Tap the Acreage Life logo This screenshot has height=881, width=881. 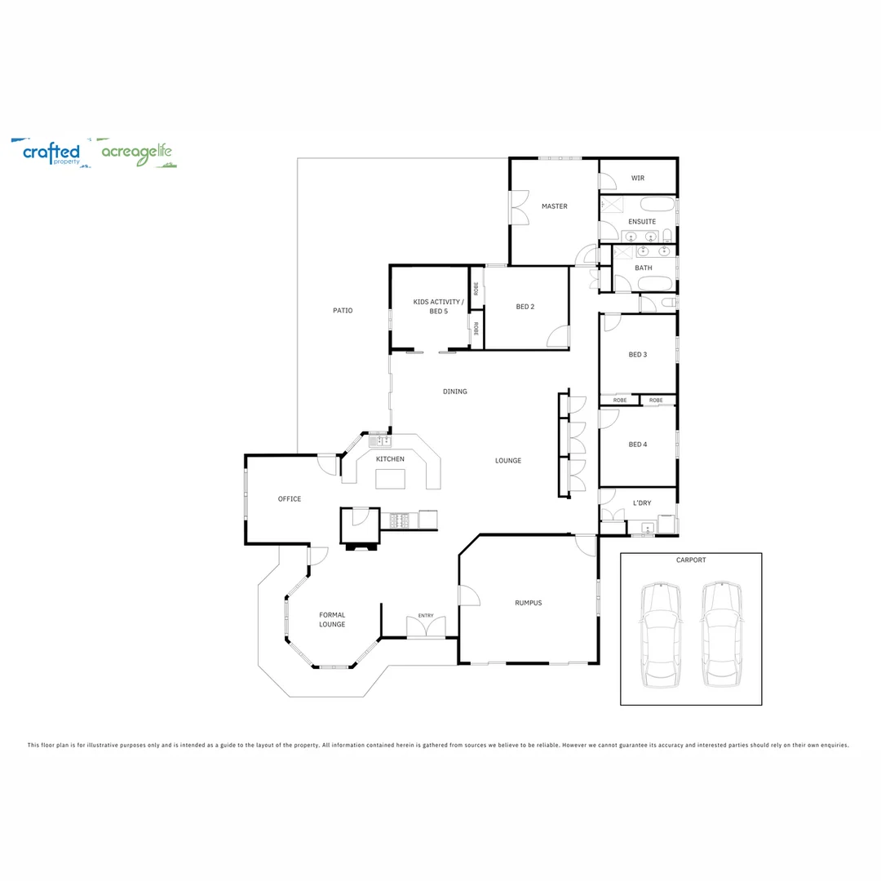click(x=136, y=153)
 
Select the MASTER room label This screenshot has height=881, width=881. click(x=554, y=206)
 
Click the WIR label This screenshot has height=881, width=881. click(x=637, y=178)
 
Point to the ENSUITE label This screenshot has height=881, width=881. click(x=642, y=222)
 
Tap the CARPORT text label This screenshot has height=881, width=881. click(x=691, y=560)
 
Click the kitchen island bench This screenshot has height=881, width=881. click(x=390, y=479)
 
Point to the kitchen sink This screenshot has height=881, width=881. click(x=380, y=441)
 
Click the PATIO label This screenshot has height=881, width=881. click(x=343, y=311)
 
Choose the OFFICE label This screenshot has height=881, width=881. click(x=290, y=499)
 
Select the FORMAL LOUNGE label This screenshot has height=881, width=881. click(x=332, y=620)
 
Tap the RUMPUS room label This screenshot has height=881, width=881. click(x=528, y=603)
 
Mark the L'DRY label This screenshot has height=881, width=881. click(x=642, y=502)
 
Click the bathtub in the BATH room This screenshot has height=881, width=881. click(x=655, y=284)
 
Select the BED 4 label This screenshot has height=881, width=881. click(x=637, y=445)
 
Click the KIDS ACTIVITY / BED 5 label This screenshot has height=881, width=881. click(x=438, y=307)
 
